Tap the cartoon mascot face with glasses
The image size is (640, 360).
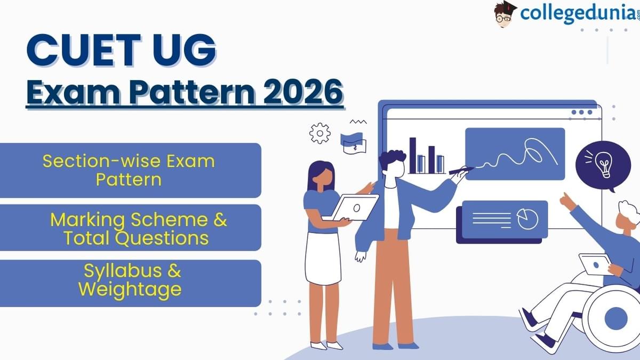click(x=503, y=15)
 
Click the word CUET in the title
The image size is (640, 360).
click(x=84, y=51)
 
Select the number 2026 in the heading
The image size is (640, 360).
click(x=303, y=92)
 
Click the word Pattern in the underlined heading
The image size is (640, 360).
click(x=191, y=92)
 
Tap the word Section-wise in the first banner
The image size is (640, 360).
click(x=102, y=161)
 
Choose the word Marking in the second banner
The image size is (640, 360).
click(x=87, y=220)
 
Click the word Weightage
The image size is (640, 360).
click(x=130, y=290)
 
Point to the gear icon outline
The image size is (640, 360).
click(x=320, y=133)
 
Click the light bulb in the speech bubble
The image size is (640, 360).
click(x=604, y=165)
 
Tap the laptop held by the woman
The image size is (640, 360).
click(x=354, y=207)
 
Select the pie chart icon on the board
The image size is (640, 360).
click(x=527, y=219)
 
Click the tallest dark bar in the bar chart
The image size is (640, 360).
click(x=413, y=155)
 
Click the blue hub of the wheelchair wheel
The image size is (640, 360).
click(x=616, y=318)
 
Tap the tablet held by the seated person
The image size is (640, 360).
click(x=595, y=265)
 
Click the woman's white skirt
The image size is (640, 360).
click(x=323, y=259)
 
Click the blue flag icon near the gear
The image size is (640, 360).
click(x=351, y=139)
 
